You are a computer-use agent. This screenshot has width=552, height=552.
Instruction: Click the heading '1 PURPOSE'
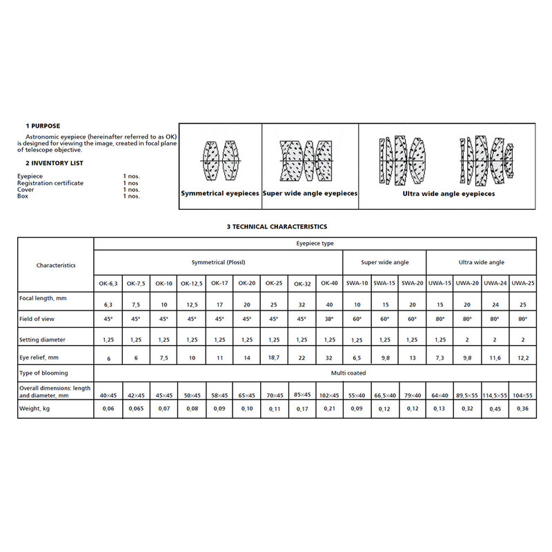[x=43, y=126]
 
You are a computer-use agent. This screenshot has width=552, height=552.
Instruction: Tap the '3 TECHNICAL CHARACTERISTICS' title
[x=276, y=226]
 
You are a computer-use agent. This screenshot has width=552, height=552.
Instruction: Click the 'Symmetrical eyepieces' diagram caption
[x=220, y=194]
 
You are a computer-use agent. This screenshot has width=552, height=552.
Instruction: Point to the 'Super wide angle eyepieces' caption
[x=310, y=194]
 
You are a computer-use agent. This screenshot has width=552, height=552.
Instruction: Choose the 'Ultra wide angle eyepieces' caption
[x=448, y=195]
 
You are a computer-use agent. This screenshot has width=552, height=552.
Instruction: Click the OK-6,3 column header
[x=108, y=283]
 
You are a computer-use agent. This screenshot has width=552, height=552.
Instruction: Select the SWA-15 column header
[x=385, y=283]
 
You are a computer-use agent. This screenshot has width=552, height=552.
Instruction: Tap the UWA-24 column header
[x=495, y=283]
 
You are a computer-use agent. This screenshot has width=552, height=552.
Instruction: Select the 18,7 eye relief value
[x=274, y=357]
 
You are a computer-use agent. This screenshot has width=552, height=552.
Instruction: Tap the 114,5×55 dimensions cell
[x=495, y=395]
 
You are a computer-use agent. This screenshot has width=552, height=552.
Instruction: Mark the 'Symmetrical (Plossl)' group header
[x=218, y=262]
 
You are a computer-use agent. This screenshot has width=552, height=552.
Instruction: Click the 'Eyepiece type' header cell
[x=315, y=244]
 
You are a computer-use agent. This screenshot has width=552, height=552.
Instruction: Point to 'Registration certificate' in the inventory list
[x=50, y=183]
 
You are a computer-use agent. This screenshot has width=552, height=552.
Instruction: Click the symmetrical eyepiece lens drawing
[x=220, y=160]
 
